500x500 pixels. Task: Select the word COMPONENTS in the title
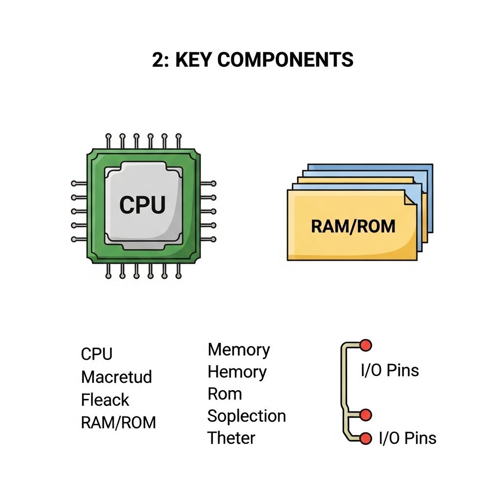(285, 60)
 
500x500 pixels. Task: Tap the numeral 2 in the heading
(158, 60)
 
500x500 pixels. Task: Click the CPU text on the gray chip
(143, 205)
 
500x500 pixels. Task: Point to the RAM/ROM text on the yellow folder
(353, 227)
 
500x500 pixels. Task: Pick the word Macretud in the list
(117, 377)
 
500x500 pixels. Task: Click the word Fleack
(105, 400)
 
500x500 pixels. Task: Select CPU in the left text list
(97, 354)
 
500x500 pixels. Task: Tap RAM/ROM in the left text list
(119, 422)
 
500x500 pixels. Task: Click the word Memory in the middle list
(239, 350)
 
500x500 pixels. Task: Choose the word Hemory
(237, 372)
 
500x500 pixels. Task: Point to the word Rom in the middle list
(225, 394)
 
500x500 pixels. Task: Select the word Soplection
(247, 416)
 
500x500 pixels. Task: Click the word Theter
(231, 438)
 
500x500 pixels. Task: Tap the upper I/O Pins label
(390, 371)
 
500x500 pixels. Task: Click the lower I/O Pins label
(408, 438)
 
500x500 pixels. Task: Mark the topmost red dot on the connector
(365, 346)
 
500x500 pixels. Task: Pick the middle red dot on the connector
(365, 415)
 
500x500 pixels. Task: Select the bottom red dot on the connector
(365, 438)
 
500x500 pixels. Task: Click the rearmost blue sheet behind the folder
(425, 171)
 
